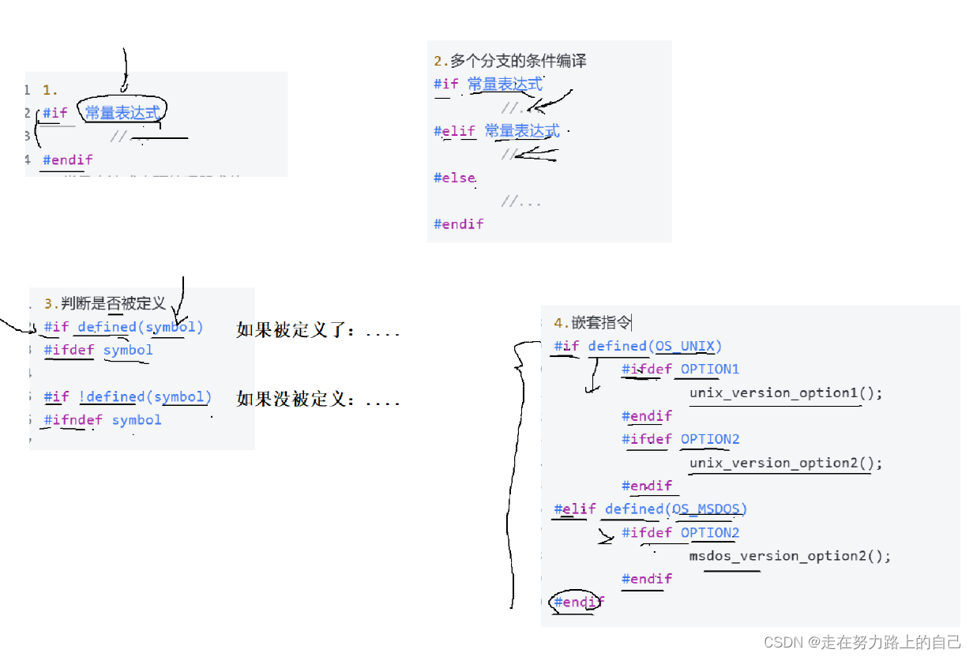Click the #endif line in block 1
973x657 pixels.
tap(68, 160)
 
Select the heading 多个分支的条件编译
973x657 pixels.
tap(518, 61)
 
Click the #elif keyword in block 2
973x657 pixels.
tap(455, 131)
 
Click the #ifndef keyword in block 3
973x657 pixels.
tap(73, 420)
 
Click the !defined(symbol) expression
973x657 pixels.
tap(145, 396)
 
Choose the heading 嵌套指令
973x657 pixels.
tap(602, 322)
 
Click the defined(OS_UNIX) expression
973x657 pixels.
tap(655, 346)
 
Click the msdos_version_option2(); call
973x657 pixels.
tap(790, 556)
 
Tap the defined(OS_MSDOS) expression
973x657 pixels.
tap(676, 509)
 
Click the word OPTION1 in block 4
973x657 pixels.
tap(710, 370)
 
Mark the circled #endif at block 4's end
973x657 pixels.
tap(579, 602)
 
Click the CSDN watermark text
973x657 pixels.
tap(862, 642)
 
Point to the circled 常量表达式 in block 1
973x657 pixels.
tap(122, 113)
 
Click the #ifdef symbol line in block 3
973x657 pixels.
tap(99, 350)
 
